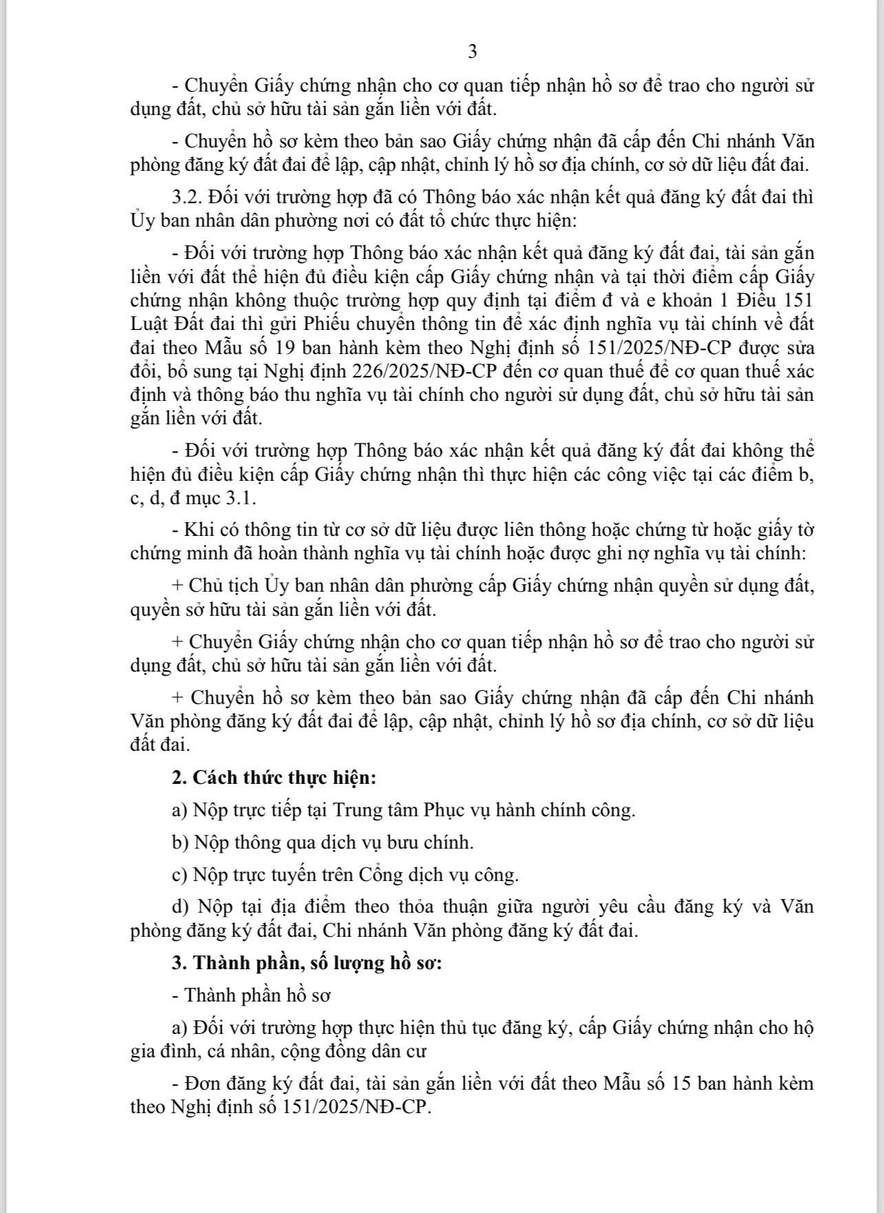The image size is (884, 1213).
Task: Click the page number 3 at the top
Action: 472,52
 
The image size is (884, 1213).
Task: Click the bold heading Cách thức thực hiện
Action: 284,778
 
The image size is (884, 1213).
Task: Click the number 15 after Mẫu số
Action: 680,1084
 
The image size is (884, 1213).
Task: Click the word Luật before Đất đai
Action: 148,324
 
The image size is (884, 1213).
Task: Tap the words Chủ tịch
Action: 224,586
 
